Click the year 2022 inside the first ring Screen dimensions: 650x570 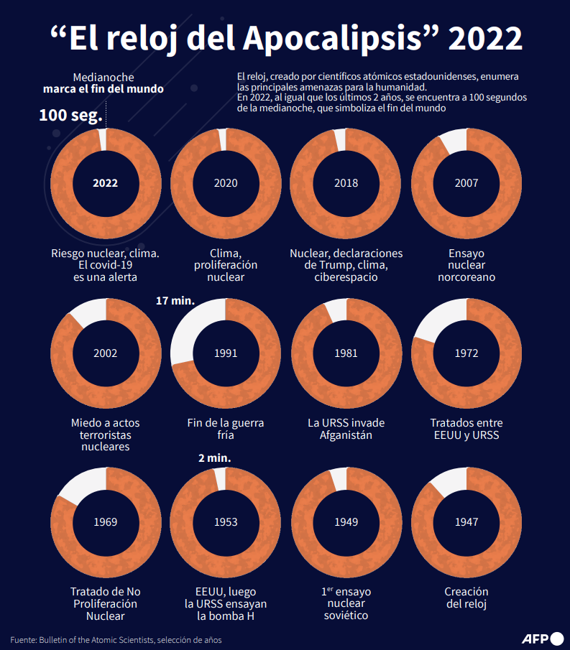coord(105,182)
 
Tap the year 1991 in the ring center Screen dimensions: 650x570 coord(226,353)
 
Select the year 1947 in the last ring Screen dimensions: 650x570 coord(466,522)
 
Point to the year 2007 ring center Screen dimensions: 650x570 coord(466,182)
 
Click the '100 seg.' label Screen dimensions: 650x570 coord(71,115)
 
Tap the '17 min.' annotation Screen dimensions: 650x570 coord(175,300)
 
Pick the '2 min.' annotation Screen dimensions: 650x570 coord(215,458)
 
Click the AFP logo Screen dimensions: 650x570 coord(541,638)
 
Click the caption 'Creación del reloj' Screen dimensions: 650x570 coord(466,598)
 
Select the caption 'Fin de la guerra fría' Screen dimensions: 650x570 coord(226,429)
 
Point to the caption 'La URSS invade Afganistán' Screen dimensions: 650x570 coord(346,429)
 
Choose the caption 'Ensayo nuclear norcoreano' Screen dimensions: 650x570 coord(466,265)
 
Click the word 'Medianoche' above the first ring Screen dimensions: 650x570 coord(104,77)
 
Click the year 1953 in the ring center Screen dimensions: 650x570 coord(226,522)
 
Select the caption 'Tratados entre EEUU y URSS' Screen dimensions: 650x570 coord(466,429)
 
